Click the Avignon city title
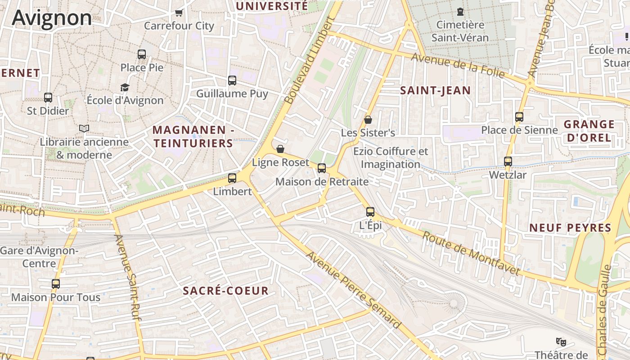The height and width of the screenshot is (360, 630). [52, 18]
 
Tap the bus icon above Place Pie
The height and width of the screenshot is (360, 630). [142, 54]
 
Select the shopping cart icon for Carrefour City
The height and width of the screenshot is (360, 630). [179, 13]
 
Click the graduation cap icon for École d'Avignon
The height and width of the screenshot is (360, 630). [125, 87]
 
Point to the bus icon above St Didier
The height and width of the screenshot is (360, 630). [48, 97]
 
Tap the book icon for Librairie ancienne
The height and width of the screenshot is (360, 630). [84, 129]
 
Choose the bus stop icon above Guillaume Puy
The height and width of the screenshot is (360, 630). [232, 81]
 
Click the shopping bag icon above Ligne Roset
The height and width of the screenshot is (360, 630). [280, 149]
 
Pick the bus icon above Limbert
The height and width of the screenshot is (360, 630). [232, 178]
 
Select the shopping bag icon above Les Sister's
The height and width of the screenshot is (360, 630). [368, 120]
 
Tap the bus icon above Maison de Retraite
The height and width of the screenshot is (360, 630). [322, 168]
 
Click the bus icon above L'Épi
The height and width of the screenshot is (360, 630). [370, 212]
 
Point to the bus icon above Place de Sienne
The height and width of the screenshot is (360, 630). [519, 117]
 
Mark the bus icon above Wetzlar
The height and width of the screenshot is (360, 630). [508, 162]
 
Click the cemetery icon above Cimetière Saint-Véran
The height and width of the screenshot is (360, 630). [460, 12]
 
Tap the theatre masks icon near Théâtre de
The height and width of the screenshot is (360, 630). [561, 342]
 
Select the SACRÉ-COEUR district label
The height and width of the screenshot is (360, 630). [225, 291]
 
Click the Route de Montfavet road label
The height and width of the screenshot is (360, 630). [471, 253]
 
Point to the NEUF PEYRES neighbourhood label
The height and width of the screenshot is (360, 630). [570, 228]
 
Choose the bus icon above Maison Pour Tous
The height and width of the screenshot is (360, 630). [56, 284]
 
